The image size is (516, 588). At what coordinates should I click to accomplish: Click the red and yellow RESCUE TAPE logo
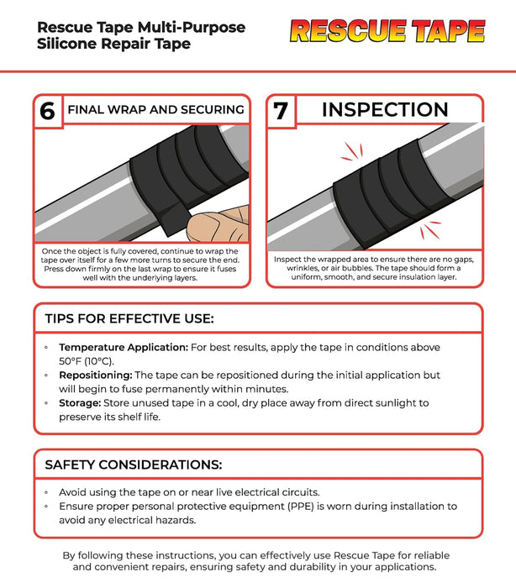point(387,32)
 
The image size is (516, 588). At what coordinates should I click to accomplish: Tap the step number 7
point(280,111)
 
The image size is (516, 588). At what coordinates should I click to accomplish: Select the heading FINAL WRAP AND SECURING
point(155,109)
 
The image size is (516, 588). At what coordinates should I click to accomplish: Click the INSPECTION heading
point(385,109)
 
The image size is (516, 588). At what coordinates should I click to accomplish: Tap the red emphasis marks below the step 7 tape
point(431,228)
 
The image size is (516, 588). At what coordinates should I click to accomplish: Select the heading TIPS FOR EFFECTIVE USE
point(129,319)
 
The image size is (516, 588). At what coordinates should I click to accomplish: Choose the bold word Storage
point(82,403)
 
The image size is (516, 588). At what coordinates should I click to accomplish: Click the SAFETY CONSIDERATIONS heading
point(133,465)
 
